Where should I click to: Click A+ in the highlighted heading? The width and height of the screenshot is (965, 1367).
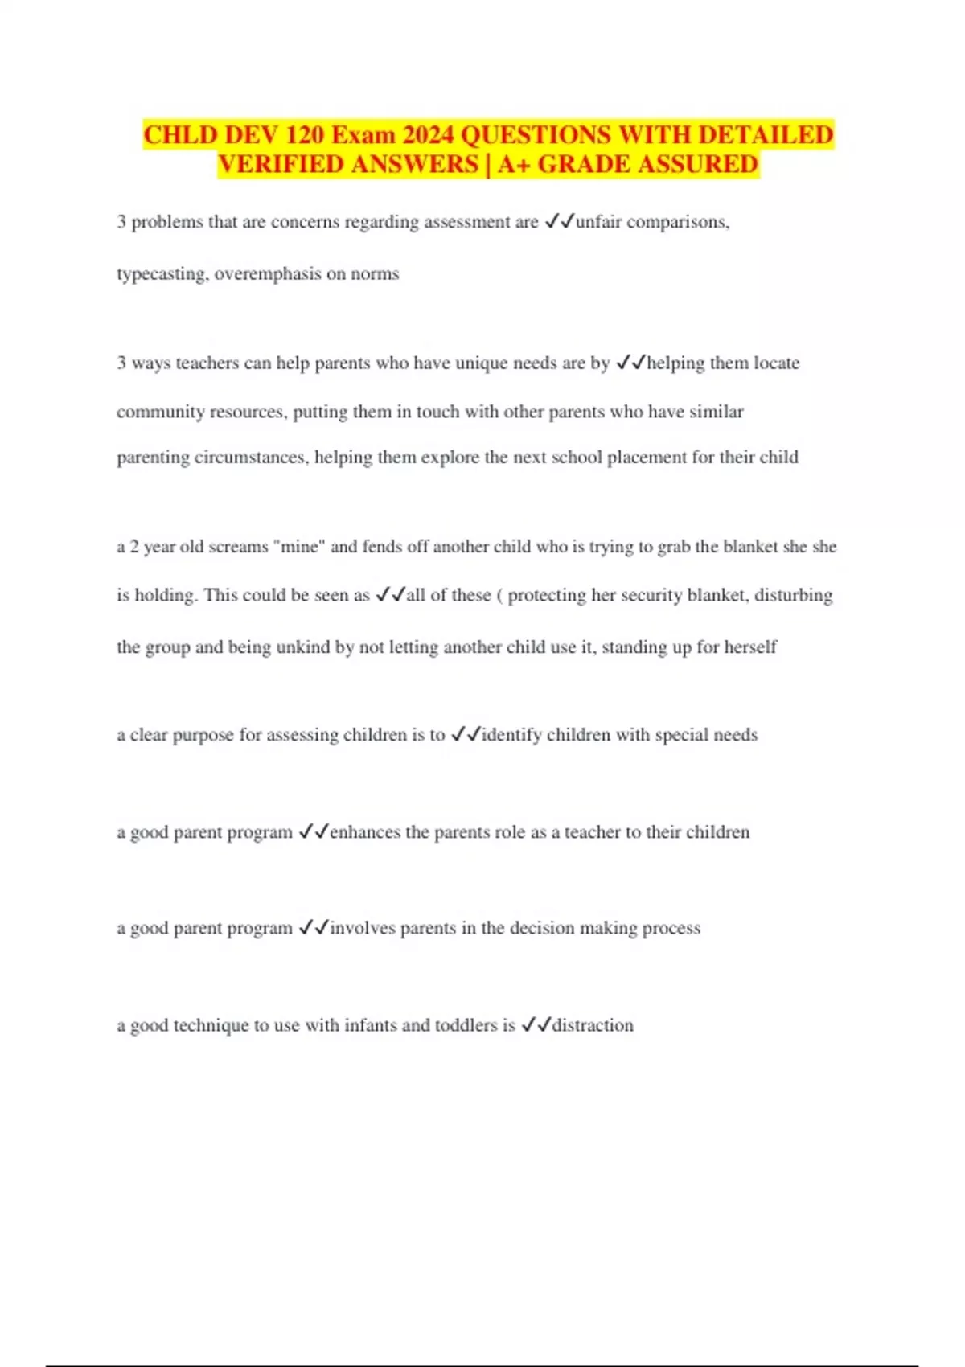point(514,164)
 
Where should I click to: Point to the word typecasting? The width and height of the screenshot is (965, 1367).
point(163,274)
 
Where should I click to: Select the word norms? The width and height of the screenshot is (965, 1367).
point(375,274)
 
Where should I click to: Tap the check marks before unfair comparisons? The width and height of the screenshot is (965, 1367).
point(559,222)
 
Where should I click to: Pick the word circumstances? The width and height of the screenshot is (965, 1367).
point(207,458)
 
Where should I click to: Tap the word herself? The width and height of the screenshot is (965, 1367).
point(750,647)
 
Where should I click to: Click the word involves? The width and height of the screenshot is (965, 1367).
point(363,928)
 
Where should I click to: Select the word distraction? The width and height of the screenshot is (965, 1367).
point(593,1025)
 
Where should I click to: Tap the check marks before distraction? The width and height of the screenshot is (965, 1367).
point(536,1025)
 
